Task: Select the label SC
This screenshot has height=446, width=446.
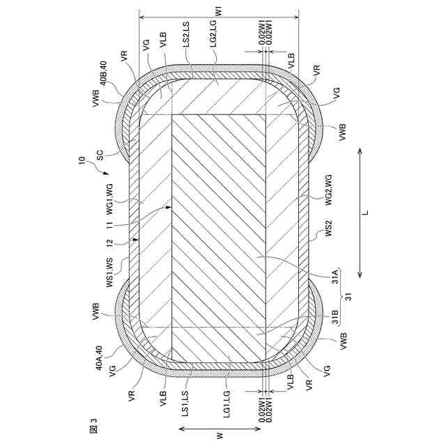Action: (x=100, y=155)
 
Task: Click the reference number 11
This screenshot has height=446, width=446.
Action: (x=109, y=224)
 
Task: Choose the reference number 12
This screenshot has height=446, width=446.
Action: (x=109, y=243)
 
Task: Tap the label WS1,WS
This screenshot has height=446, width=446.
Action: (x=109, y=272)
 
